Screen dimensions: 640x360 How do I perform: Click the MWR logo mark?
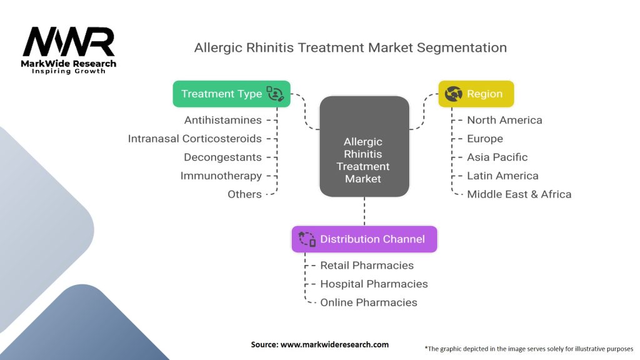[x=69, y=42]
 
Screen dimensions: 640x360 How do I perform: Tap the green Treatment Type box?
[x=231, y=94]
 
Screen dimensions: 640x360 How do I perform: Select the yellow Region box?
[x=476, y=94]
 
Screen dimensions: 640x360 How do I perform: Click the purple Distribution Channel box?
[x=364, y=239]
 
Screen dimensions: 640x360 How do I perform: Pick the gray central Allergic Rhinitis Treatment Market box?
[x=364, y=146]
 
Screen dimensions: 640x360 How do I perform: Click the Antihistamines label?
[x=223, y=120]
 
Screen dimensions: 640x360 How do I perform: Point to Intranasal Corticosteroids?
[x=195, y=139]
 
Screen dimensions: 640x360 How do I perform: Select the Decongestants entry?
[x=223, y=157]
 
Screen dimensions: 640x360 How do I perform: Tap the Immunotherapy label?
[x=221, y=176]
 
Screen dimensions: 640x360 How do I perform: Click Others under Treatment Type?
[x=244, y=194]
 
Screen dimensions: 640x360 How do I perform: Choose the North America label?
[x=504, y=120]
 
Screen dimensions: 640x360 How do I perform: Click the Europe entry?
[x=485, y=139]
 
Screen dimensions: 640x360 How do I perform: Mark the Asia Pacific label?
[x=497, y=157]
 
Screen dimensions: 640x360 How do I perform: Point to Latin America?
[x=503, y=176]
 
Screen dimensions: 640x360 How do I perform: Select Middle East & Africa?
[x=519, y=194]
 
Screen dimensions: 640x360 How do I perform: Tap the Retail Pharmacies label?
[x=367, y=265]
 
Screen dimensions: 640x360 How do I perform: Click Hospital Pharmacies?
[x=374, y=284]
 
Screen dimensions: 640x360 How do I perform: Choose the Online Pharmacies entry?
[x=369, y=302]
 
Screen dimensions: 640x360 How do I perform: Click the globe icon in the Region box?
[x=454, y=94]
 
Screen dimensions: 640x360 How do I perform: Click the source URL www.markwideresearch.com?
[x=335, y=344]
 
